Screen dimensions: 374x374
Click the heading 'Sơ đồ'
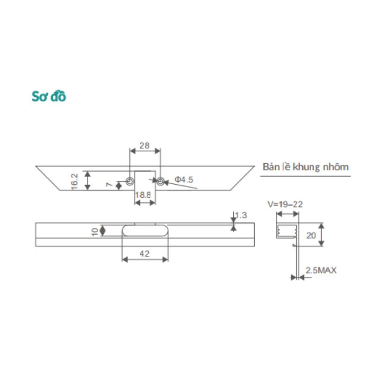(x=49, y=96)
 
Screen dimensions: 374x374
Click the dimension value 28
(x=144, y=145)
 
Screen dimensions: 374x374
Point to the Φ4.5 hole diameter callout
(x=184, y=179)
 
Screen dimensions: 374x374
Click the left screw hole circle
(x=129, y=181)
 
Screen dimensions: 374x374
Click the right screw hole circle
(x=160, y=181)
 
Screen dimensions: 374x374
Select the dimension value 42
(x=145, y=254)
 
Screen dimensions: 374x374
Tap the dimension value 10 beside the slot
(x=94, y=230)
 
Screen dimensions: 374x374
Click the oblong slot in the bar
(x=145, y=230)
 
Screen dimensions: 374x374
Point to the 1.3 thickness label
(x=241, y=216)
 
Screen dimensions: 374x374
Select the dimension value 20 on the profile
(x=311, y=236)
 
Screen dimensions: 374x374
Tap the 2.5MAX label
(x=321, y=270)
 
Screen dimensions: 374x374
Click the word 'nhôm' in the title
(x=336, y=167)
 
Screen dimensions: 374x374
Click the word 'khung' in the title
(x=306, y=167)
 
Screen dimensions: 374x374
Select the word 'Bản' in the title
(x=271, y=167)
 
